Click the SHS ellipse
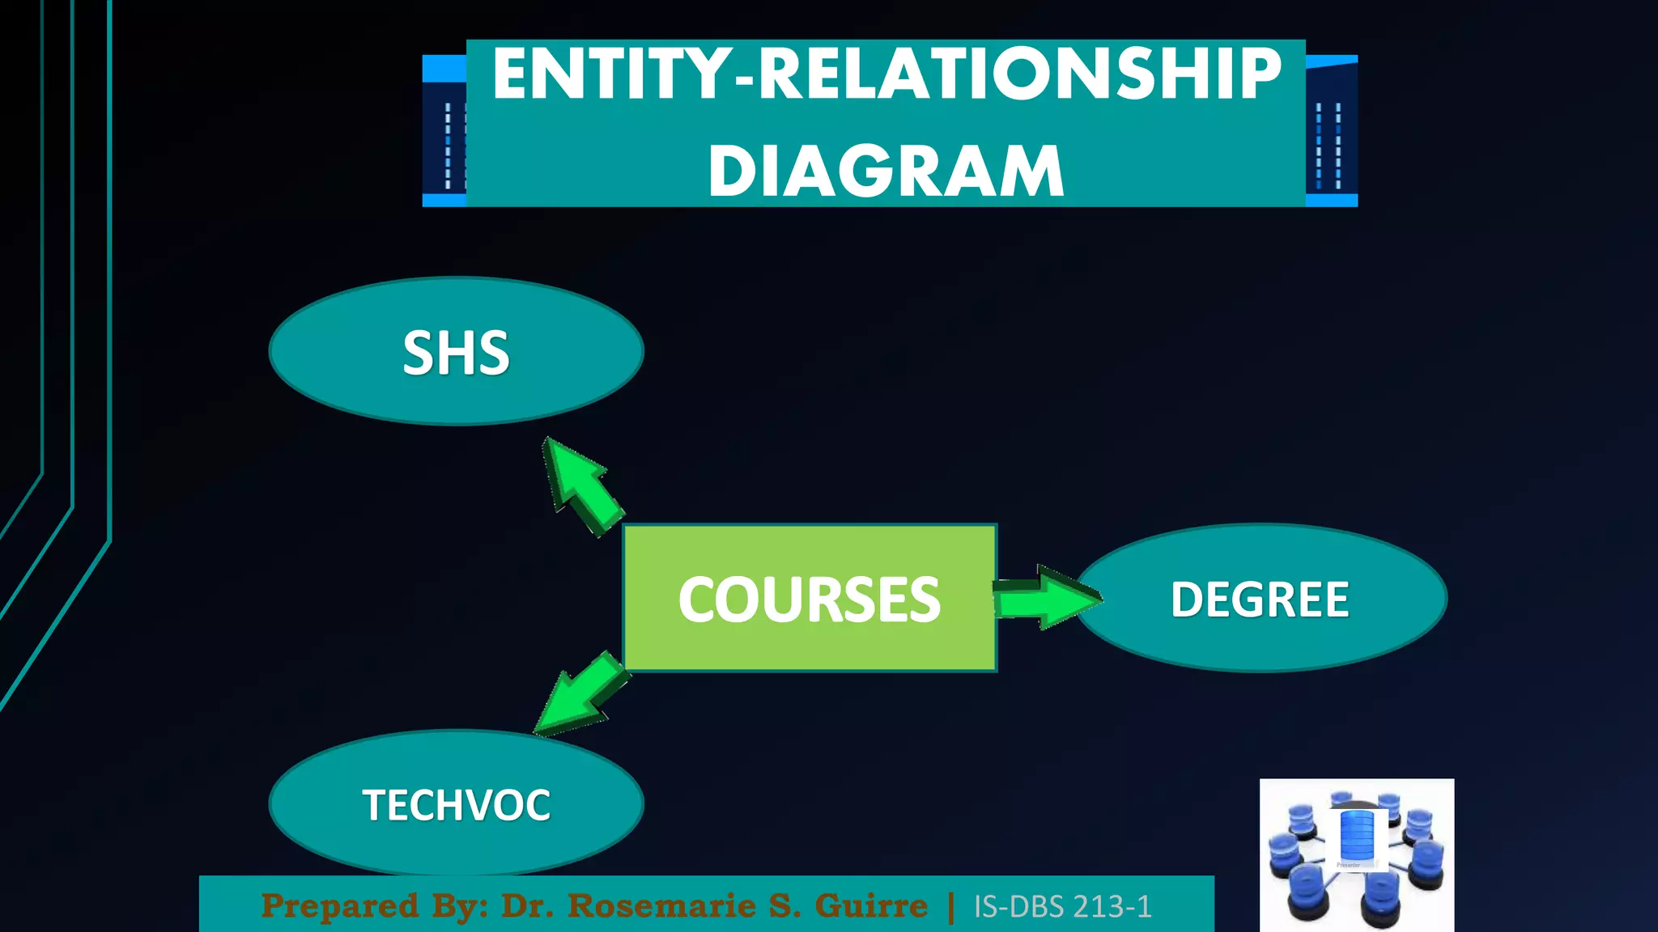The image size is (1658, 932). (456, 351)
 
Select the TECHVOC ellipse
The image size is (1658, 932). (456, 803)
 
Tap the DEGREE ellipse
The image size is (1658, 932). (1261, 599)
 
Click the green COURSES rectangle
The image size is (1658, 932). (810, 599)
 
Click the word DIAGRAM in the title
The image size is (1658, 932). (886, 171)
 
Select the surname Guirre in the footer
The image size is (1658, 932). (871, 906)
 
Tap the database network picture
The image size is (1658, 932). (1357, 854)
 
